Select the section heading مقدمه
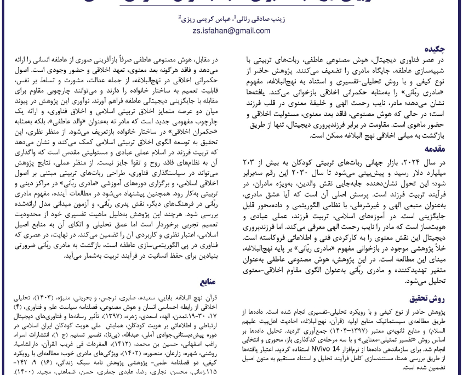click(x=434, y=149)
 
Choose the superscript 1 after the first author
click(x=234, y=17)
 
